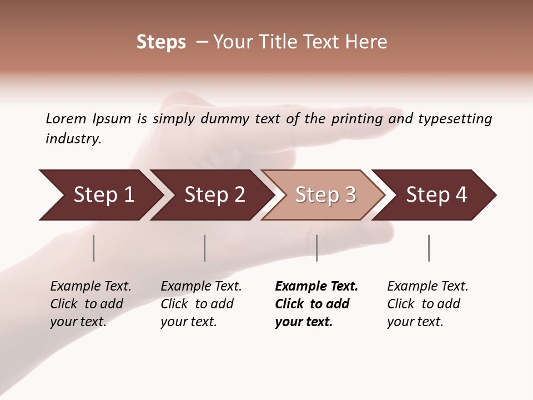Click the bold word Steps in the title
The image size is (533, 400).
161,42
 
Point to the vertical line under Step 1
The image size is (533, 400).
94,248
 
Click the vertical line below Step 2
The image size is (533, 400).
205,248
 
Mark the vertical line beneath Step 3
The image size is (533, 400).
316,248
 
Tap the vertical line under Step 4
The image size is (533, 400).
429,248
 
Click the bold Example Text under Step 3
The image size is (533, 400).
316,286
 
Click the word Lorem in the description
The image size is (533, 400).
66,119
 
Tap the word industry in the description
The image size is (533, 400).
73,139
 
